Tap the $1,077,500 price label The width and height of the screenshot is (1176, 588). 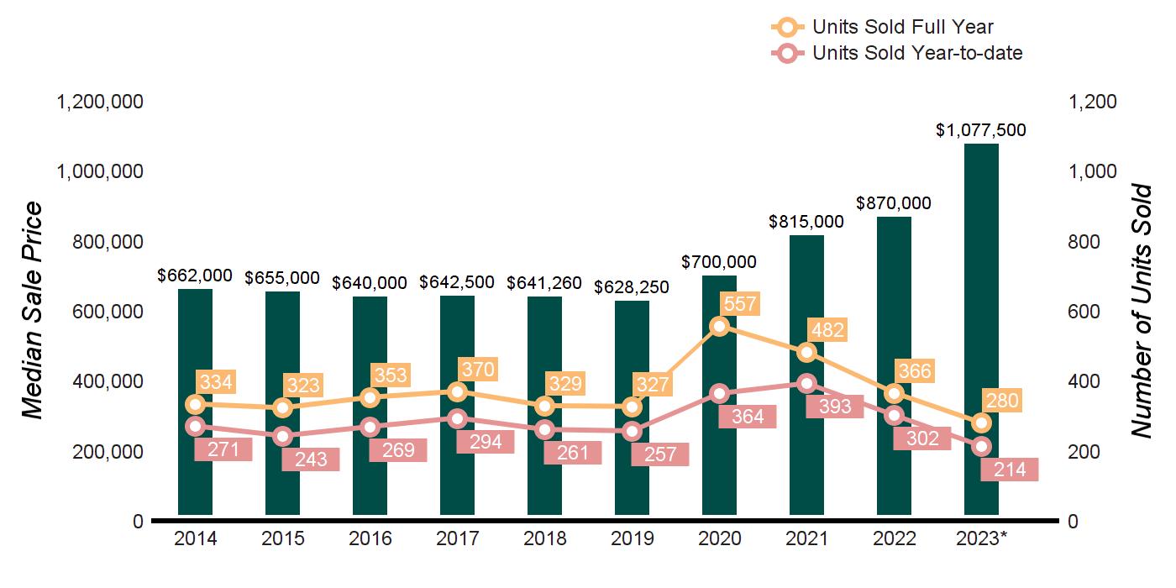tap(981, 131)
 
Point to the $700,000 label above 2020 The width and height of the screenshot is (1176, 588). tap(719, 262)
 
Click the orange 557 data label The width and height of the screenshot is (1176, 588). tap(740, 304)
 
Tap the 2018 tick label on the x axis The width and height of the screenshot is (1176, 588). tap(544, 538)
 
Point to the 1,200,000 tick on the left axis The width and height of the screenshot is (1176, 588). tap(100, 102)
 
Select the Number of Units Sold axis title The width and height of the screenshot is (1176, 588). tap(1142, 311)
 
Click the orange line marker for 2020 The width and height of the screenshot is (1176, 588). tap(719, 326)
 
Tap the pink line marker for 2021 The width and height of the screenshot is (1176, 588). tap(806, 383)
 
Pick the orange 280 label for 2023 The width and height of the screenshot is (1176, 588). tap(1001, 402)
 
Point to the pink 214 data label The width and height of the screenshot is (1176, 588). tap(1009, 470)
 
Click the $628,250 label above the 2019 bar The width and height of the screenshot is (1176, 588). tap(632, 287)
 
